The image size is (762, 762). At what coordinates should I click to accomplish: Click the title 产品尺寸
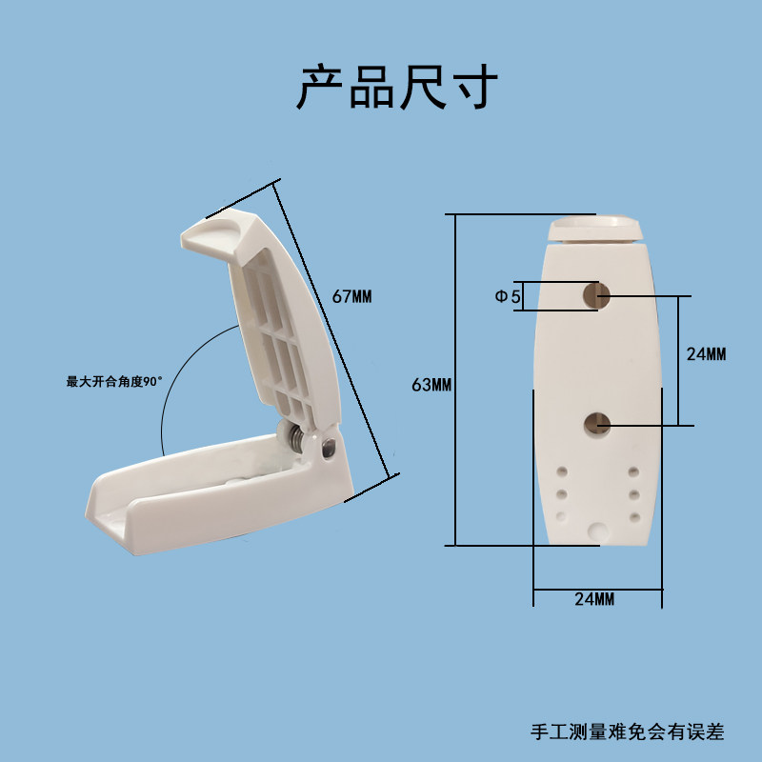398,89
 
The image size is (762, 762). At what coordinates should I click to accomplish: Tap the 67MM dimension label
351,296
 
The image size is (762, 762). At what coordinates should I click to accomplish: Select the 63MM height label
431,385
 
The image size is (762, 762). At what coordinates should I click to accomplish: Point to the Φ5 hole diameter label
508,297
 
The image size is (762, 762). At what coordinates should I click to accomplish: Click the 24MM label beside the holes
706,353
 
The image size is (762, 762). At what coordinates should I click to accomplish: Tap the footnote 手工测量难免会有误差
627,732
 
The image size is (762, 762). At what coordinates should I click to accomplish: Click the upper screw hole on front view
597,295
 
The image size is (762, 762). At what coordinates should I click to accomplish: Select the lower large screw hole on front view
597,422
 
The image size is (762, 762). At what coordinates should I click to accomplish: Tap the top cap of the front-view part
596,229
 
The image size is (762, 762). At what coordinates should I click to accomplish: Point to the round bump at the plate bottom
597,531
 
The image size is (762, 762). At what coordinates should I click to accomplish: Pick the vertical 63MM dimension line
455,381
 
